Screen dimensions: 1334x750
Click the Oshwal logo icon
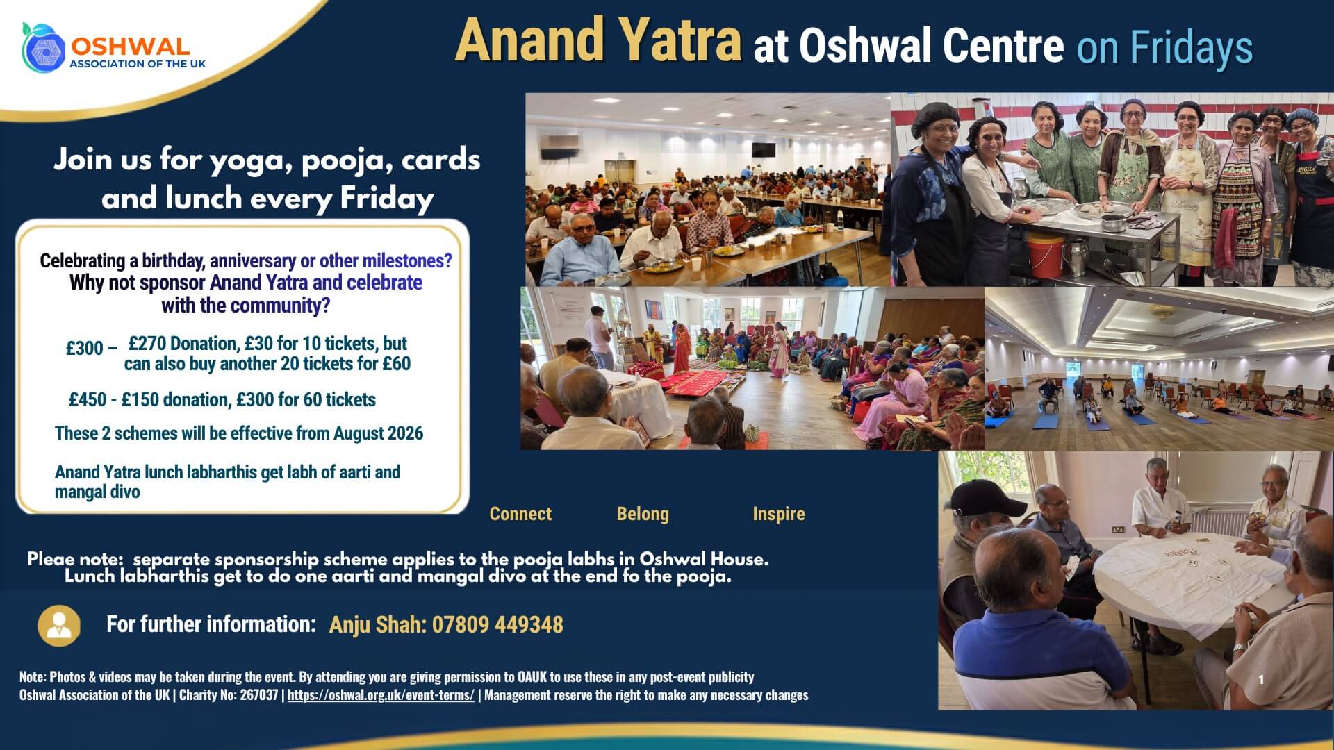[x=43, y=48]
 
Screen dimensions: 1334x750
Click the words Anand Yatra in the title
[x=598, y=40]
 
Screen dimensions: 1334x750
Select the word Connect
[x=520, y=514]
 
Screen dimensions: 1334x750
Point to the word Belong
[x=643, y=514]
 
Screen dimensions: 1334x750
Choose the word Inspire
[x=779, y=514]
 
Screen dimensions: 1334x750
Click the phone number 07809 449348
[x=497, y=625]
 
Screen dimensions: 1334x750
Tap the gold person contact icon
[x=59, y=625]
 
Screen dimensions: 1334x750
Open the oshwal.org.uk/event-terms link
[x=381, y=695]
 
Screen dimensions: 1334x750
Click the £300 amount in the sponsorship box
[x=85, y=348]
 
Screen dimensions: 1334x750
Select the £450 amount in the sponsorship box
[x=88, y=400]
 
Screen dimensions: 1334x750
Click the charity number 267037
[x=259, y=695]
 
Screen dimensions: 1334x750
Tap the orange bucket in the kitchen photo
[x=1046, y=254]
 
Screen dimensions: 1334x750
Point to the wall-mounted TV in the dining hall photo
[x=764, y=149]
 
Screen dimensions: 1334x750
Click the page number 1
[x=1261, y=680]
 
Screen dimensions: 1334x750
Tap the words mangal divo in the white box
[x=97, y=492]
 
